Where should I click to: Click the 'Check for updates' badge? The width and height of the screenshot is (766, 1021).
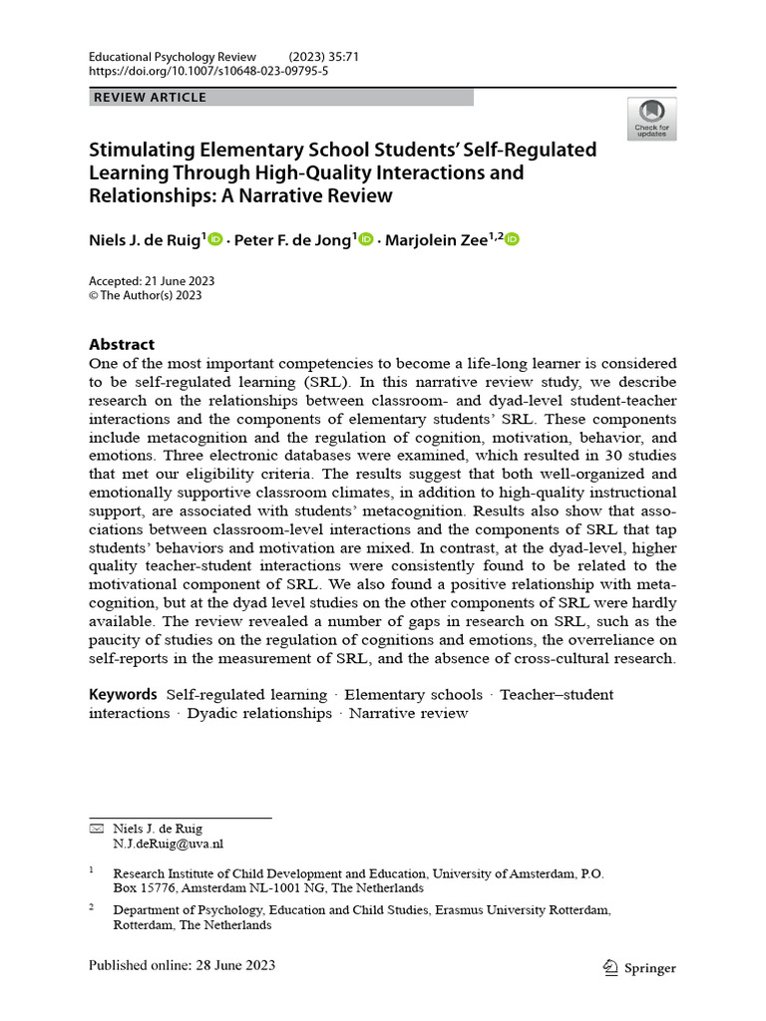(651, 119)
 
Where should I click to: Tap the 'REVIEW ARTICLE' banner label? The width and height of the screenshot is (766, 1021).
(150, 98)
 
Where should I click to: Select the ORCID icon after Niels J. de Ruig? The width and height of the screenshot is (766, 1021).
(215, 240)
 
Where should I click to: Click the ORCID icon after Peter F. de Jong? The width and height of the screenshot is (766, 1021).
(365, 240)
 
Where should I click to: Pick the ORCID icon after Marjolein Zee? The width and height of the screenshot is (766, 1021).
(512, 240)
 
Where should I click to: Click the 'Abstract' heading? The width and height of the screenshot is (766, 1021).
(122, 344)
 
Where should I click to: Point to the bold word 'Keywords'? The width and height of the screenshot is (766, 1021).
(123, 694)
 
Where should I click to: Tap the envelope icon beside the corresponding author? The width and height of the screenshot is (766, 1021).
(96, 829)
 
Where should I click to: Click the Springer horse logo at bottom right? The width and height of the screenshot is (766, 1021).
(611, 967)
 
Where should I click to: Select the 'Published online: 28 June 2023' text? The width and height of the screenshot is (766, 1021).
(182, 965)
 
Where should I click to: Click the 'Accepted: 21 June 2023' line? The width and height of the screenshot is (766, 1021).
(152, 281)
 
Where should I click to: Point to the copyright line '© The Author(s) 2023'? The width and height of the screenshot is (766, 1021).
(146, 295)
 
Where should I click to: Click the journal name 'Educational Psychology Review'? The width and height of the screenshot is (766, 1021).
(173, 57)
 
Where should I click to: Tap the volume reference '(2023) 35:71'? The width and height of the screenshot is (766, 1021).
(323, 57)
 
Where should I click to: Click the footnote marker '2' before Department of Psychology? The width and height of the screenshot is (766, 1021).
(92, 907)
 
